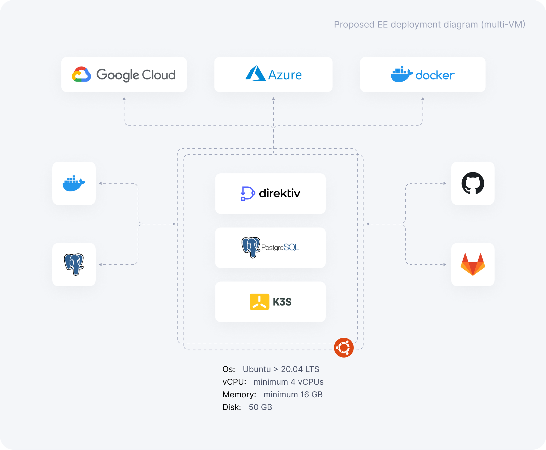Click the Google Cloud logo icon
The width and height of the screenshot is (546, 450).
(x=81, y=74)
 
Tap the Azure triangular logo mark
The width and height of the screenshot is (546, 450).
(x=255, y=74)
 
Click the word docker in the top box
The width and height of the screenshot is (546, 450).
(x=435, y=75)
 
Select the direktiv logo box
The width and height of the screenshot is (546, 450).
(x=270, y=193)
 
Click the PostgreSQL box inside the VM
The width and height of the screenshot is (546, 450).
(x=270, y=247)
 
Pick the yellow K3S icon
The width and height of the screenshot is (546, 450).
(x=259, y=302)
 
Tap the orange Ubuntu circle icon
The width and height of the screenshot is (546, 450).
(x=344, y=348)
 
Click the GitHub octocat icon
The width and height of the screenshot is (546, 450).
(x=473, y=183)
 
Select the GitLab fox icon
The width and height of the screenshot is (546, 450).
(x=473, y=264)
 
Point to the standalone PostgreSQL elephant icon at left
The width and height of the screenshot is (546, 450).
(x=74, y=264)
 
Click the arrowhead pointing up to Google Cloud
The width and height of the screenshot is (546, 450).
(x=124, y=98)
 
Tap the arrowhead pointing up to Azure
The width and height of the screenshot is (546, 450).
(x=273, y=98)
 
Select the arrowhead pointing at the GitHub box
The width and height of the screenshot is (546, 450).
(x=445, y=183)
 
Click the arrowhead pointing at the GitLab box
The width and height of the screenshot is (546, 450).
(x=445, y=265)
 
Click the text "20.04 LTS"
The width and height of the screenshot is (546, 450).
(x=300, y=369)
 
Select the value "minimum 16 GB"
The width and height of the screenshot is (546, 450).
(x=293, y=394)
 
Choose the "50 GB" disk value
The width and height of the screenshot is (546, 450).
(x=260, y=407)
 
